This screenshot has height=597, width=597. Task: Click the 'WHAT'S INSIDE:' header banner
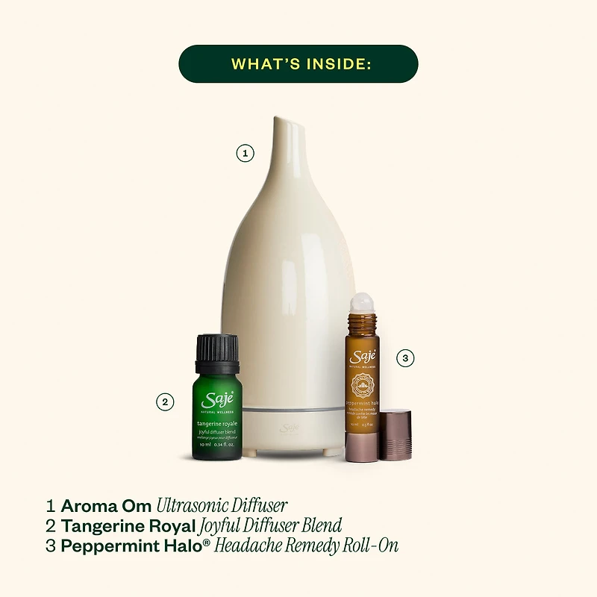point(298,63)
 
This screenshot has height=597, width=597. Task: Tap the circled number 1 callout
point(245,154)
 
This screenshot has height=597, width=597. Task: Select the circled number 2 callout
point(165,401)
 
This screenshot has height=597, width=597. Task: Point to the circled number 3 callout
point(404,358)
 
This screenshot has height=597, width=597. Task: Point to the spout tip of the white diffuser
point(284,122)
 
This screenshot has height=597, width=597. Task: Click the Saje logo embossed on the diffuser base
point(289,428)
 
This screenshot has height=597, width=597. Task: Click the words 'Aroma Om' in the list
point(106,505)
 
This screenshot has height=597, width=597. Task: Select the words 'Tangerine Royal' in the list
point(128,525)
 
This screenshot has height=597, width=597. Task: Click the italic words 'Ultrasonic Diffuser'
point(222,505)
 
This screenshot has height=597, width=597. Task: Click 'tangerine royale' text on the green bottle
point(216,423)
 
